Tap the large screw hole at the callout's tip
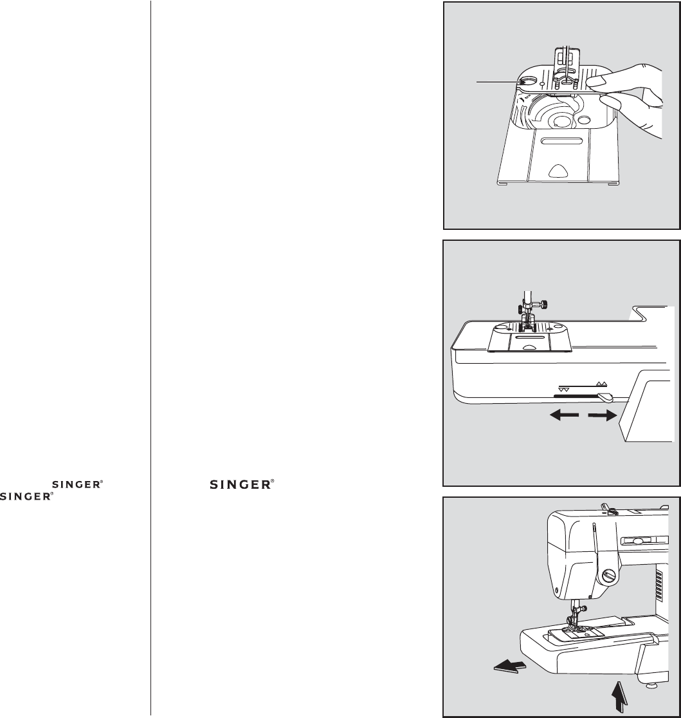[x=525, y=82]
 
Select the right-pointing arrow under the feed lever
[x=603, y=416]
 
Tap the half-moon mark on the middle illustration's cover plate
[x=529, y=346]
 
